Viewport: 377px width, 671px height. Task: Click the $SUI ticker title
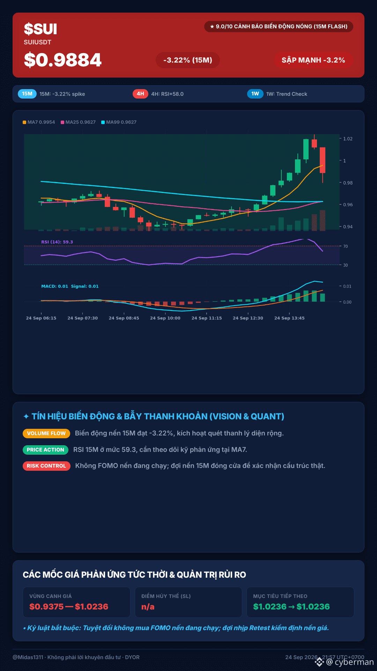pos(40,29)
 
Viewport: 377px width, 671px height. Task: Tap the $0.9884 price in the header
pos(63,60)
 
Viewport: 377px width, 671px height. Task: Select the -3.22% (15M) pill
pos(188,60)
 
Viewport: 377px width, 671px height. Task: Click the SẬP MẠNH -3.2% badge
pos(313,60)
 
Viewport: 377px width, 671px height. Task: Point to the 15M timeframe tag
pos(27,94)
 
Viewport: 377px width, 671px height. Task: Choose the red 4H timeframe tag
pos(140,94)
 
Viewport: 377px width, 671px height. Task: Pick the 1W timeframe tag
pos(255,94)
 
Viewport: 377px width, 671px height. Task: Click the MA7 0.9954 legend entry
pos(39,122)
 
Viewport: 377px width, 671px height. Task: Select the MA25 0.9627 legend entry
pos(78,122)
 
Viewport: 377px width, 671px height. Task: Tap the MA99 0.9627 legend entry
pos(119,122)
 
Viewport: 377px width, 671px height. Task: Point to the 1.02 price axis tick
pos(348,139)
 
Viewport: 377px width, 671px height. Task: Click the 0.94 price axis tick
pos(348,227)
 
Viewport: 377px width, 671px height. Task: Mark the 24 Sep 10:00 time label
pos(165,318)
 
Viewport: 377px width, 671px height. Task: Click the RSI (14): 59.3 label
pos(57,242)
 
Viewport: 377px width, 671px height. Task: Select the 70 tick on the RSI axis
pos(346,246)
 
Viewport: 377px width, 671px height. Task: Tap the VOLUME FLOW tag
pos(46,433)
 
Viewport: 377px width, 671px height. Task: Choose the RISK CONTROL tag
pos(46,466)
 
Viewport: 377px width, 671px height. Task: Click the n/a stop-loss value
pos(148,607)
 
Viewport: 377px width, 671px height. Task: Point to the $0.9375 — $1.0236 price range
pos(69,607)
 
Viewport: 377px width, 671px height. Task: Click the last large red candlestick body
pos(323,160)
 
